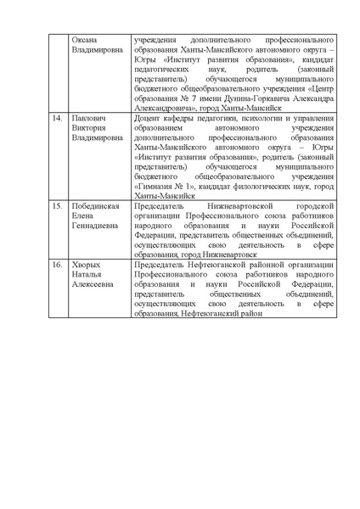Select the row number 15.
pos(57,206)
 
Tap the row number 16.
pos(57,265)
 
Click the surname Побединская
pos(96,206)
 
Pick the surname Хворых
pos(88,265)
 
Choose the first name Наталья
pos(89,275)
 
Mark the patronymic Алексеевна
pos(94,284)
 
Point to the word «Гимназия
pos(156,186)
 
